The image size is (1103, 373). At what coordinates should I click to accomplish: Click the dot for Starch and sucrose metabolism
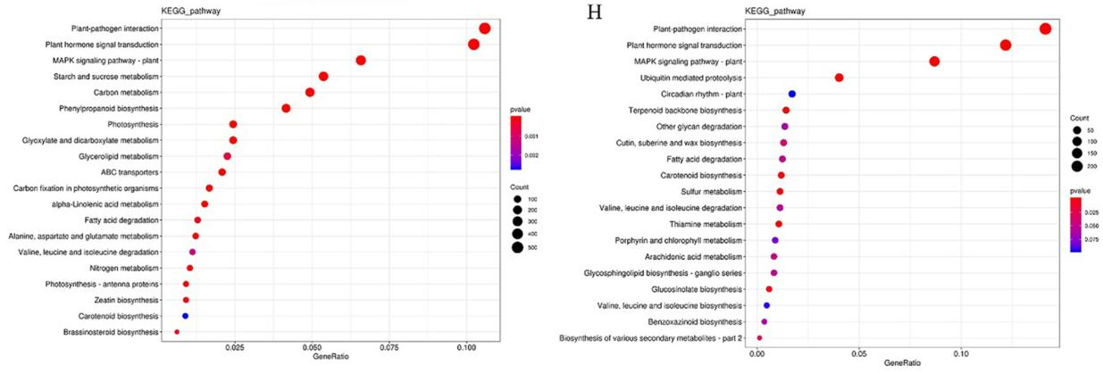[323, 77]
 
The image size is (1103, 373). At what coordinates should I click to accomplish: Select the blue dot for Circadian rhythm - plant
[791, 94]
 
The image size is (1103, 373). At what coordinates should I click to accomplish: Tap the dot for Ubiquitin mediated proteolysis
[839, 78]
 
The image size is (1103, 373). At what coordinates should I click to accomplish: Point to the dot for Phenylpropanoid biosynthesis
[286, 109]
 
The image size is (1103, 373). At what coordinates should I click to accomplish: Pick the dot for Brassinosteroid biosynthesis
[177, 332]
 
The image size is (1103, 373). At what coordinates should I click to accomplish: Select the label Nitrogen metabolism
[124, 268]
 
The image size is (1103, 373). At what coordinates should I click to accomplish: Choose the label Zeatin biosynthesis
[128, 300]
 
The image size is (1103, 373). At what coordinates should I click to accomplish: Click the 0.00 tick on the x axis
[756, 352]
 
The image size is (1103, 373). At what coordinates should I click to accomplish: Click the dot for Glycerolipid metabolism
[227, 156]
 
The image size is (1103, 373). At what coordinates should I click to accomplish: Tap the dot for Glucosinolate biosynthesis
[769, 289]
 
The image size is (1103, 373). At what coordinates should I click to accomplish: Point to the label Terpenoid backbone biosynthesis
[680, 110]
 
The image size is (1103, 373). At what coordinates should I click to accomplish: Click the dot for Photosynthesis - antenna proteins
[186, 284]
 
